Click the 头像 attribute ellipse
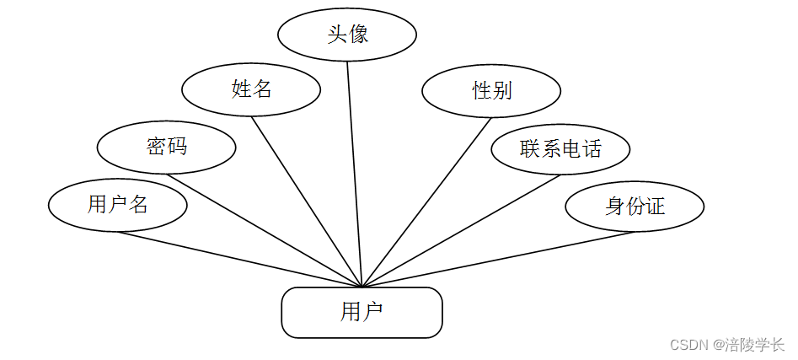coord(347,35)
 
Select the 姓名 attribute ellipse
coord(251,88)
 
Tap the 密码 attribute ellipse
coord(166,147)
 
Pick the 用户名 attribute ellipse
coord(117,204)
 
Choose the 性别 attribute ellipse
coord(491,90)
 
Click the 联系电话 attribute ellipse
coord(560,149)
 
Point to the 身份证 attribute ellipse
coord(634,206)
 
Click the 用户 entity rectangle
coord(362,313)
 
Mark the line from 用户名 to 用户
coord(240,259)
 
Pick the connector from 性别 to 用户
coord(426,202)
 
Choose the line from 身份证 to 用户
coord(497,259)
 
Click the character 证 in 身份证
coord(655,206)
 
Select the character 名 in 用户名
coord(138,204)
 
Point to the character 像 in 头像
coord(358,35)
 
